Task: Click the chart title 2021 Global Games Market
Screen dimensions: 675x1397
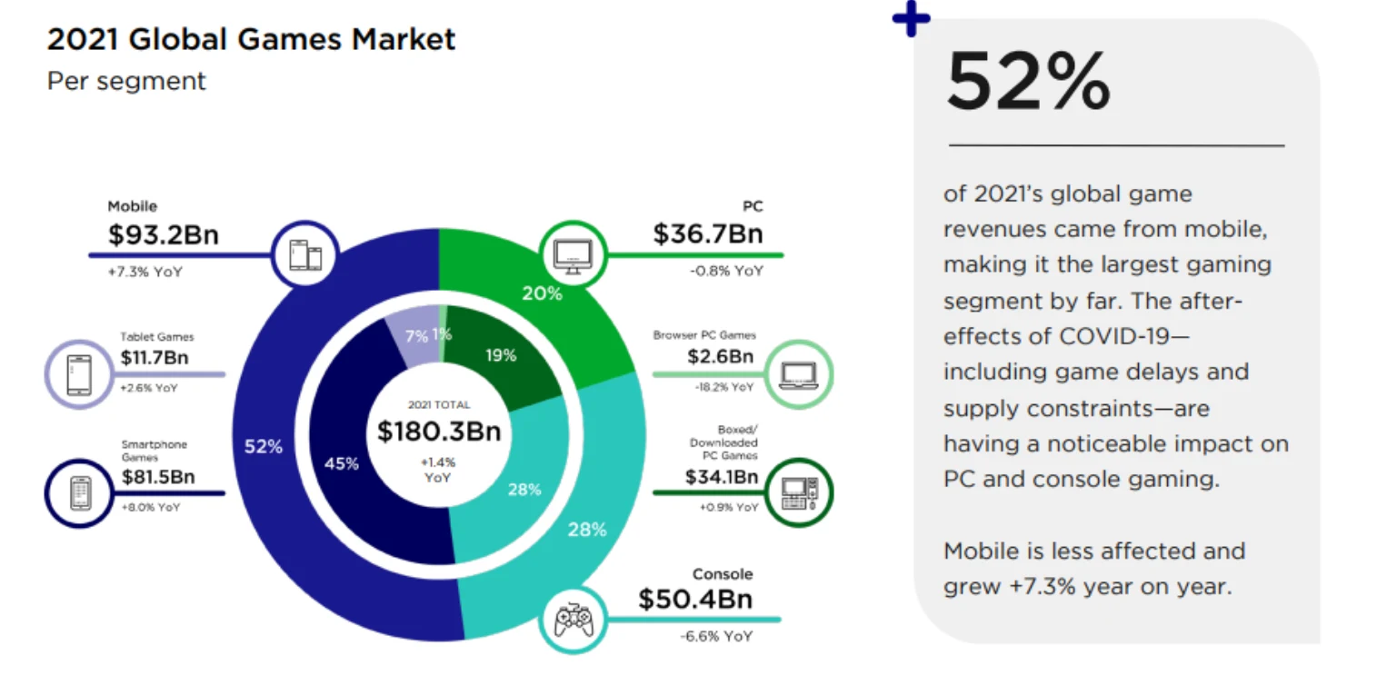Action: tap(251, 40)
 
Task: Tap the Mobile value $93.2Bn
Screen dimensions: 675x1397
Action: tap(163, 234)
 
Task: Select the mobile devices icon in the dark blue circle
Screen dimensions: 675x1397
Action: tap(305, 255)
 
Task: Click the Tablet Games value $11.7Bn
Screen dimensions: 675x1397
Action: tap(154, 358)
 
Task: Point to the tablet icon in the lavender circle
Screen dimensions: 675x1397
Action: tap(79, 373)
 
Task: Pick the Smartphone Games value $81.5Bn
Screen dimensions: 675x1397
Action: tap(158, 477)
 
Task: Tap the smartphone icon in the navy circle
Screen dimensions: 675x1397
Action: tap(79, 492)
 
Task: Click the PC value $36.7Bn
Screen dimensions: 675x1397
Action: tap(707, 233)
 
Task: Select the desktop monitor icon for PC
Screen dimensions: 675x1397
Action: tap(573, 255)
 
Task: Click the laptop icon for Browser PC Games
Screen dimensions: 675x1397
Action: tap(799, 373)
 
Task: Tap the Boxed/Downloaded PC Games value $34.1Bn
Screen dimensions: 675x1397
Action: tap(722, 476)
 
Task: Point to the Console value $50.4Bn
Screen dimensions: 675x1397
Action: tap(695, 600)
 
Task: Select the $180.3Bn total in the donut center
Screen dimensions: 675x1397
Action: tap(439, 431)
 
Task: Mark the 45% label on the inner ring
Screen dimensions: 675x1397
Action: tap(342, 463)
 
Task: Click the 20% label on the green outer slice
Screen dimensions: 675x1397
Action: tap(542, 293)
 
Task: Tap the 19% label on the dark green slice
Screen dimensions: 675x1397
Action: tap(501, 355)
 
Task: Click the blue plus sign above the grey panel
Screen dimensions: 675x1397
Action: tap(912, 19)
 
